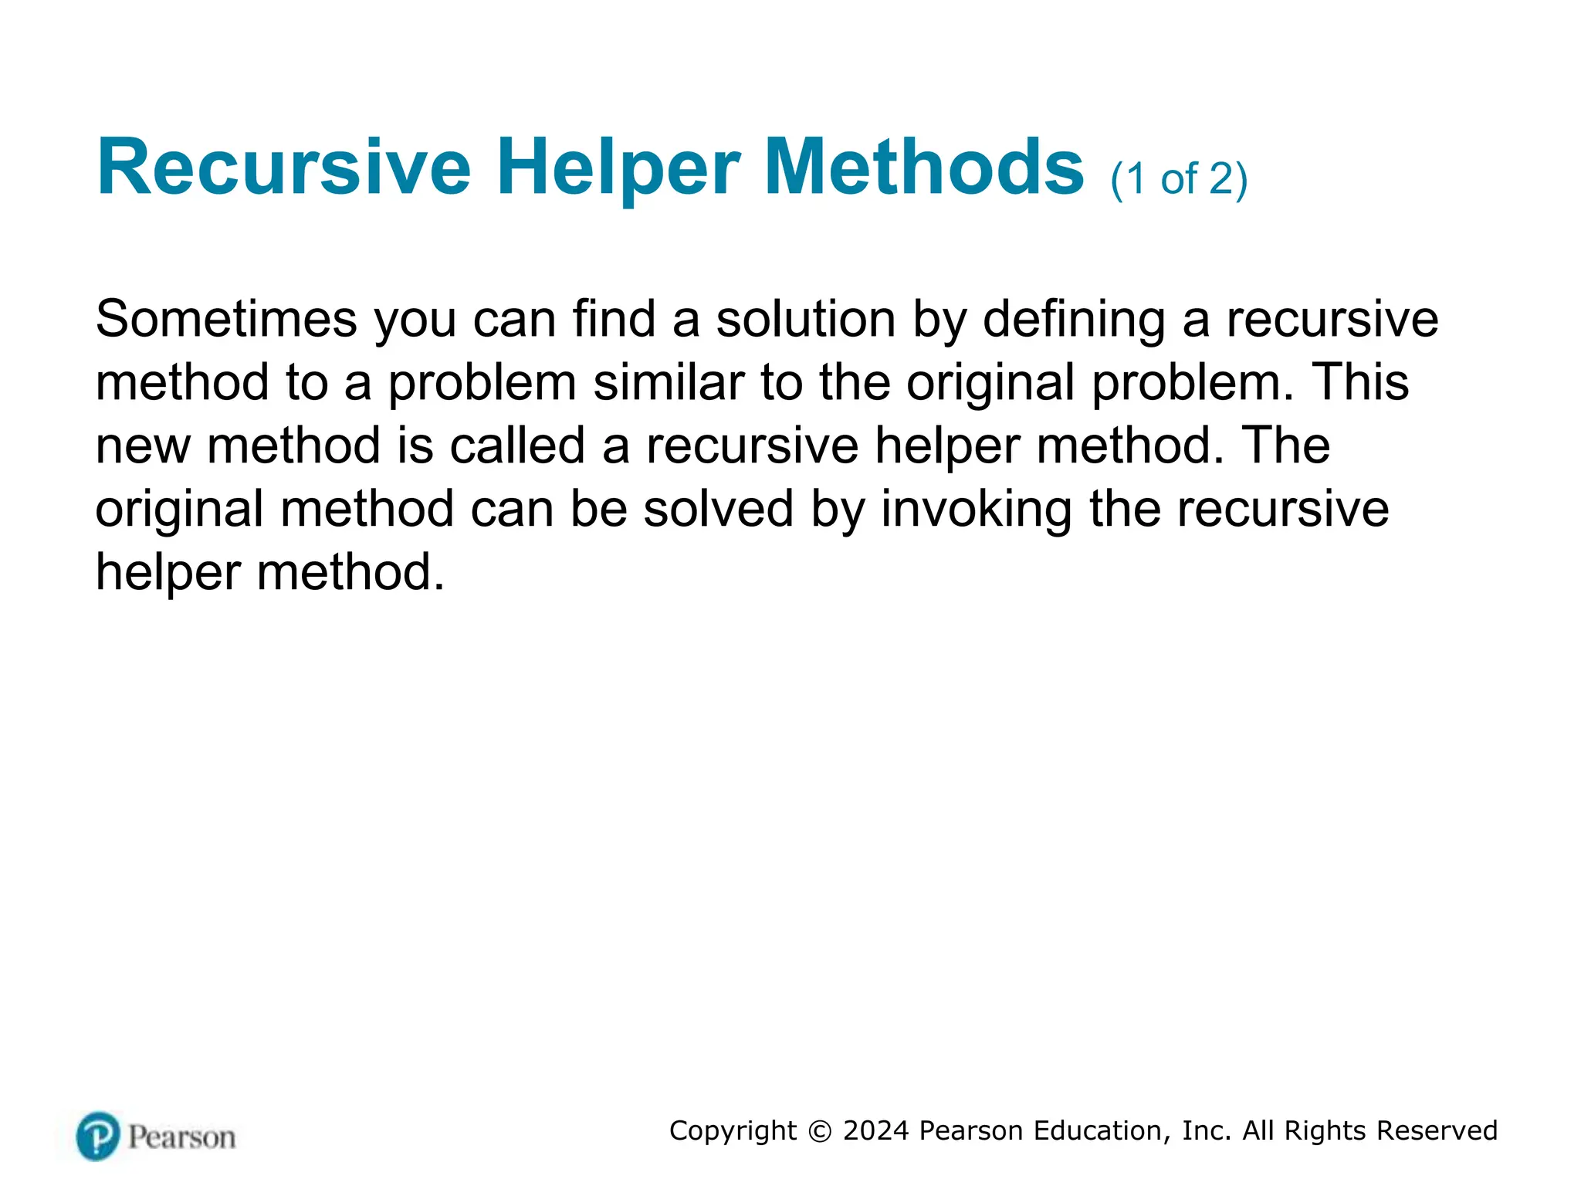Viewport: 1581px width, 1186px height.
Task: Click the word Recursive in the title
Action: (283, 168)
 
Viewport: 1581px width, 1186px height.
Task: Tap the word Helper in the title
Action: (618, 168)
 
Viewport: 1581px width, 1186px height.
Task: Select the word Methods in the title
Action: (924, 168)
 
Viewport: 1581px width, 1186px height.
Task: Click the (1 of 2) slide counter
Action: (1179, 179)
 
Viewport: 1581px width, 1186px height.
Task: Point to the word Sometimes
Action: (226, 319)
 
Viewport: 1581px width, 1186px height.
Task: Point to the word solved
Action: (719, 509)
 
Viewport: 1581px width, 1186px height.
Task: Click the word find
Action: (614, 319)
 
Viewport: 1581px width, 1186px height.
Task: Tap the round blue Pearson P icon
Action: (98, 1136)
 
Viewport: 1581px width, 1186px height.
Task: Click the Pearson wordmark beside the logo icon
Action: (181, 1137)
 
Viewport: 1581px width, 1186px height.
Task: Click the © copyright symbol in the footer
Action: (820, 1131)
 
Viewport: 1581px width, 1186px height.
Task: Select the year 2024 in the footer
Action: (876, 1131)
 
